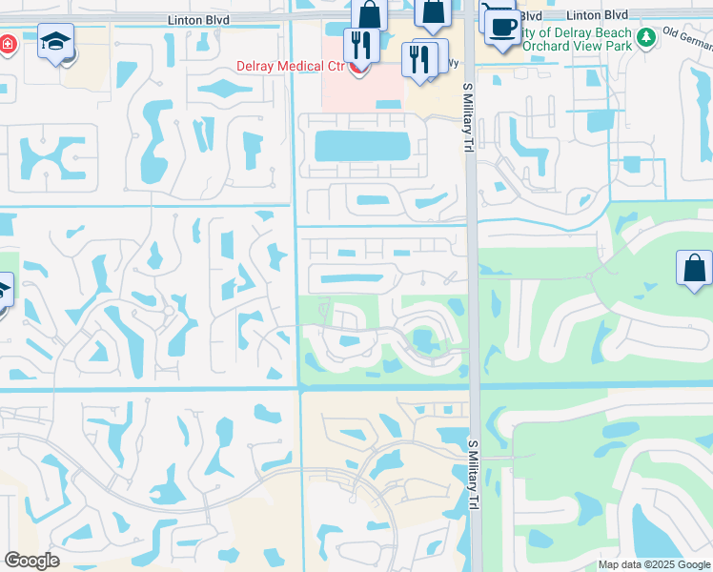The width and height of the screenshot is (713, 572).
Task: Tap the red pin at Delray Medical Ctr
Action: pyautogui.click(x=358, y=68)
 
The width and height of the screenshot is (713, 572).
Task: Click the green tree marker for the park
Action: pyautogui.click(x=646, y=37)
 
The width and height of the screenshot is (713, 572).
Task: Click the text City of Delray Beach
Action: pyautogui.click(x=579, y=31)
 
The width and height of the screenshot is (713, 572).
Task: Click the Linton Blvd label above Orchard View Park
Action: pyautogui.click(x=596, y=15)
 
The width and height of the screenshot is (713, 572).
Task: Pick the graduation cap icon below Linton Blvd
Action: pyautogui.click(x=56, y=42)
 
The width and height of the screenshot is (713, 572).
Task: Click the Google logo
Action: pyautogui.click(x=31, y=561)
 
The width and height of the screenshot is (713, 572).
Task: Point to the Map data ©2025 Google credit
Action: pyautogui.click(x=653, y=564)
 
